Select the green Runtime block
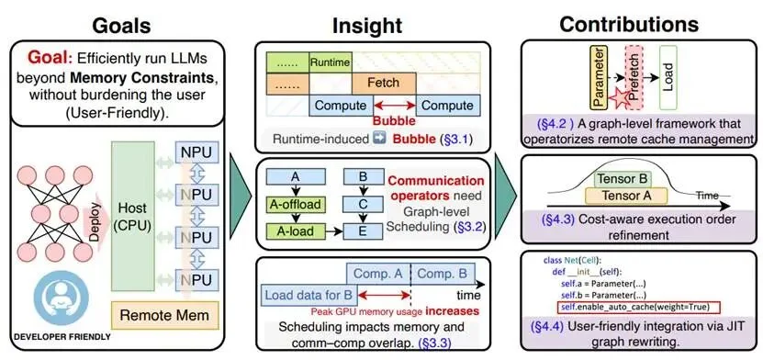point(328,62)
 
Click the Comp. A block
point(377,273)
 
